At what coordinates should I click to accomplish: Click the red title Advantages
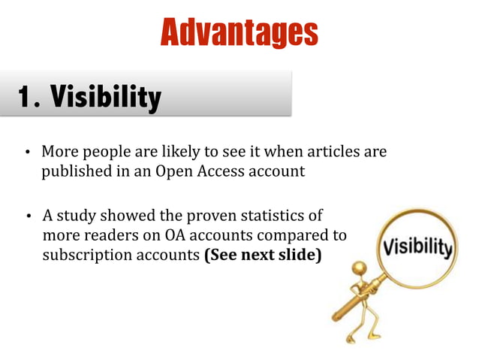coord(239,32)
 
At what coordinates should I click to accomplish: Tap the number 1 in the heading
coord(26,96)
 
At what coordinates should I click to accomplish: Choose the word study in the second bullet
coord(77,216)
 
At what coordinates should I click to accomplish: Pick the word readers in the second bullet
coord(103,236)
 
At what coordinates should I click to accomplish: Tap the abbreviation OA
coord(170,236)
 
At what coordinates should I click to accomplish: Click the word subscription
coord(83,255)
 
